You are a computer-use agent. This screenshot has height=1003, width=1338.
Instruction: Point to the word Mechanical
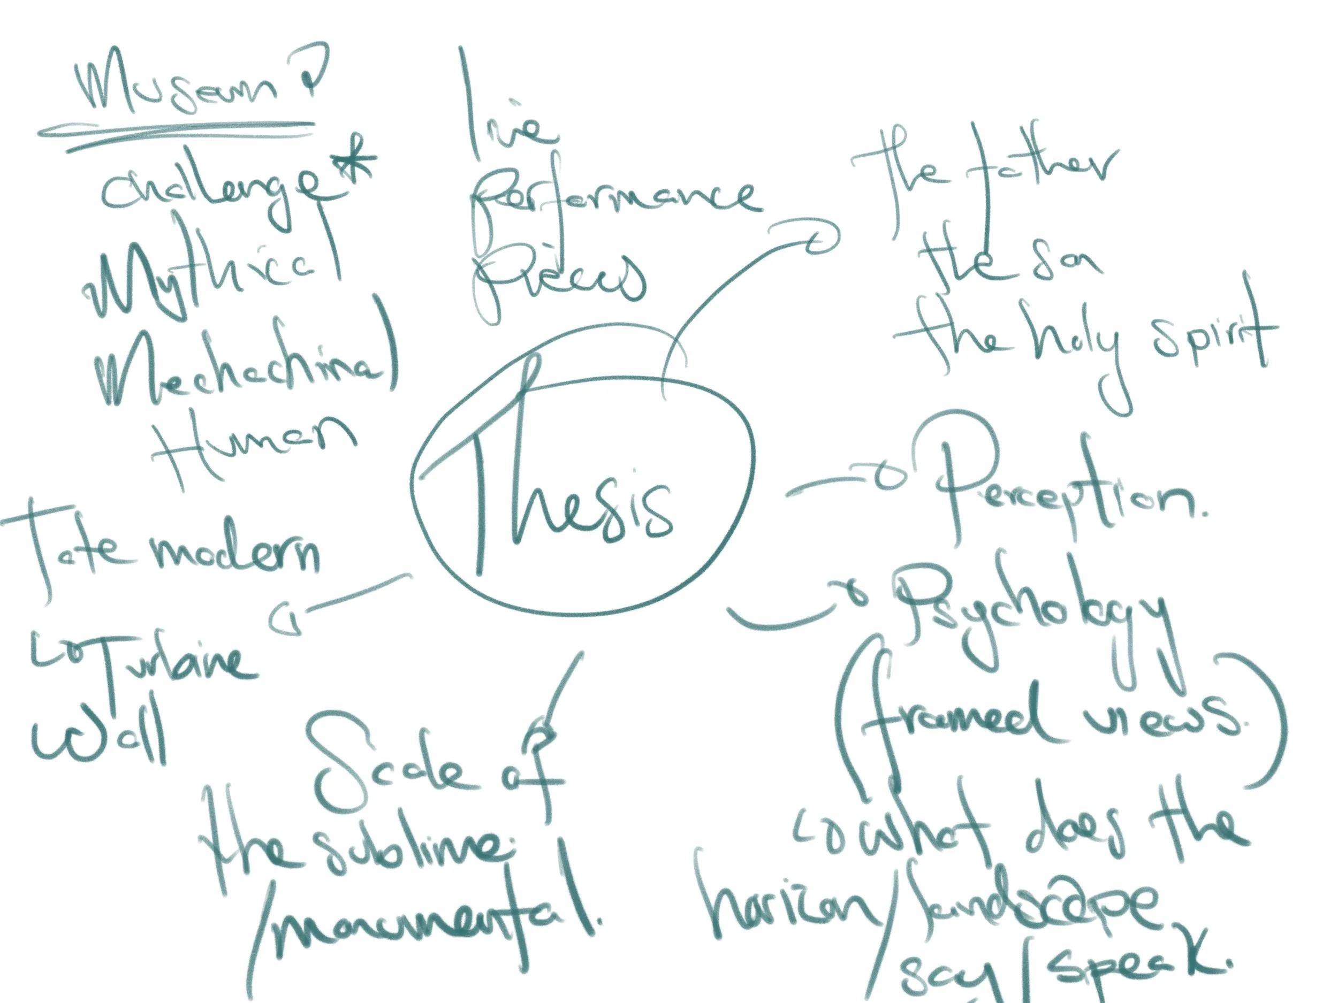[x=242, y=363]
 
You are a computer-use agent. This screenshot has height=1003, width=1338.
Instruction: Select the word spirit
[x=1210, y=339]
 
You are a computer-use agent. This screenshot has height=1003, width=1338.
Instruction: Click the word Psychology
[x=1028, y=617]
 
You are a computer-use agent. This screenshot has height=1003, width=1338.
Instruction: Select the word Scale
[x=393, y=768]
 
